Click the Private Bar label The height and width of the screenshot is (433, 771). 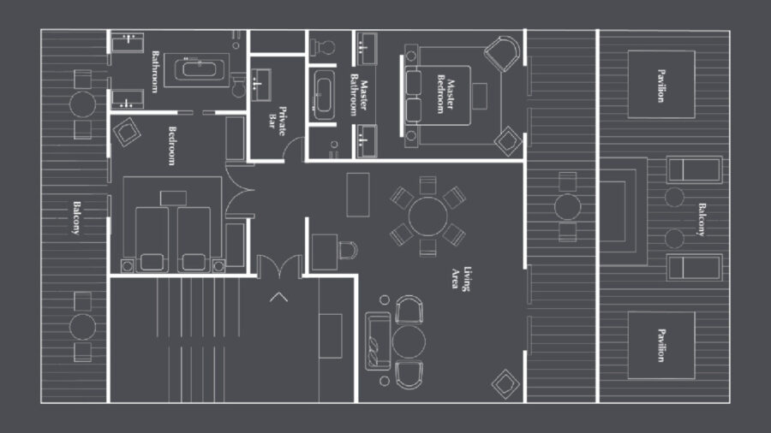click(277, 121)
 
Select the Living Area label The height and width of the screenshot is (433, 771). click(462, 278)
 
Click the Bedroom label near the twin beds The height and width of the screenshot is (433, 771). click(171, 145)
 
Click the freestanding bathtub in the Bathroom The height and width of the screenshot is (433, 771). click(199, 68)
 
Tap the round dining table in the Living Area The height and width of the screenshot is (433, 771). click(427, 216)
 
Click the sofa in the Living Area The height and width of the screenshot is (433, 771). click(378, 341)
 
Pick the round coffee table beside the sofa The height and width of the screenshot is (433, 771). click(409, 342)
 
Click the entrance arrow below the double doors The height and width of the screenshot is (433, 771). click(278, 297)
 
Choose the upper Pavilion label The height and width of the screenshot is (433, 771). click(661, 86)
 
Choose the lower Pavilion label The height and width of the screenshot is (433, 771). click(661, 345)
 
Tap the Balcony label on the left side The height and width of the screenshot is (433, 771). click(76, 217)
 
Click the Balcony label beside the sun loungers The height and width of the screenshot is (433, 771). click(701, 219)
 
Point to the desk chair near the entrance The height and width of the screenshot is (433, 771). click(348, 250)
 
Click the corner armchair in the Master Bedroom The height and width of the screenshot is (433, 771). click(502, 54)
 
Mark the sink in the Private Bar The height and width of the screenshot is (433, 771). click(260, 85)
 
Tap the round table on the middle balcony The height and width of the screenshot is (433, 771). click(567, 207)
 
